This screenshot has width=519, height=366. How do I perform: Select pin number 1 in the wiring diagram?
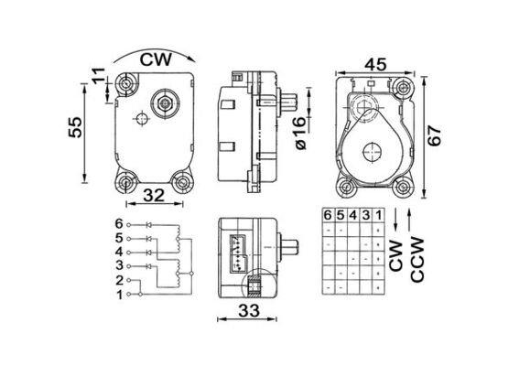pyautogui.click(x=118, y=294)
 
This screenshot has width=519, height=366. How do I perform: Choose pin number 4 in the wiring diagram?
pyautogui.click(x=118, y=252)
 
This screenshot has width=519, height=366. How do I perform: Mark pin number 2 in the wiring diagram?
pyautogui.click(x=118, y=280)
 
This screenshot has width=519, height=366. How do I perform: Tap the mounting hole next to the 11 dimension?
pyautogui.click(x=124, y=86)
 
